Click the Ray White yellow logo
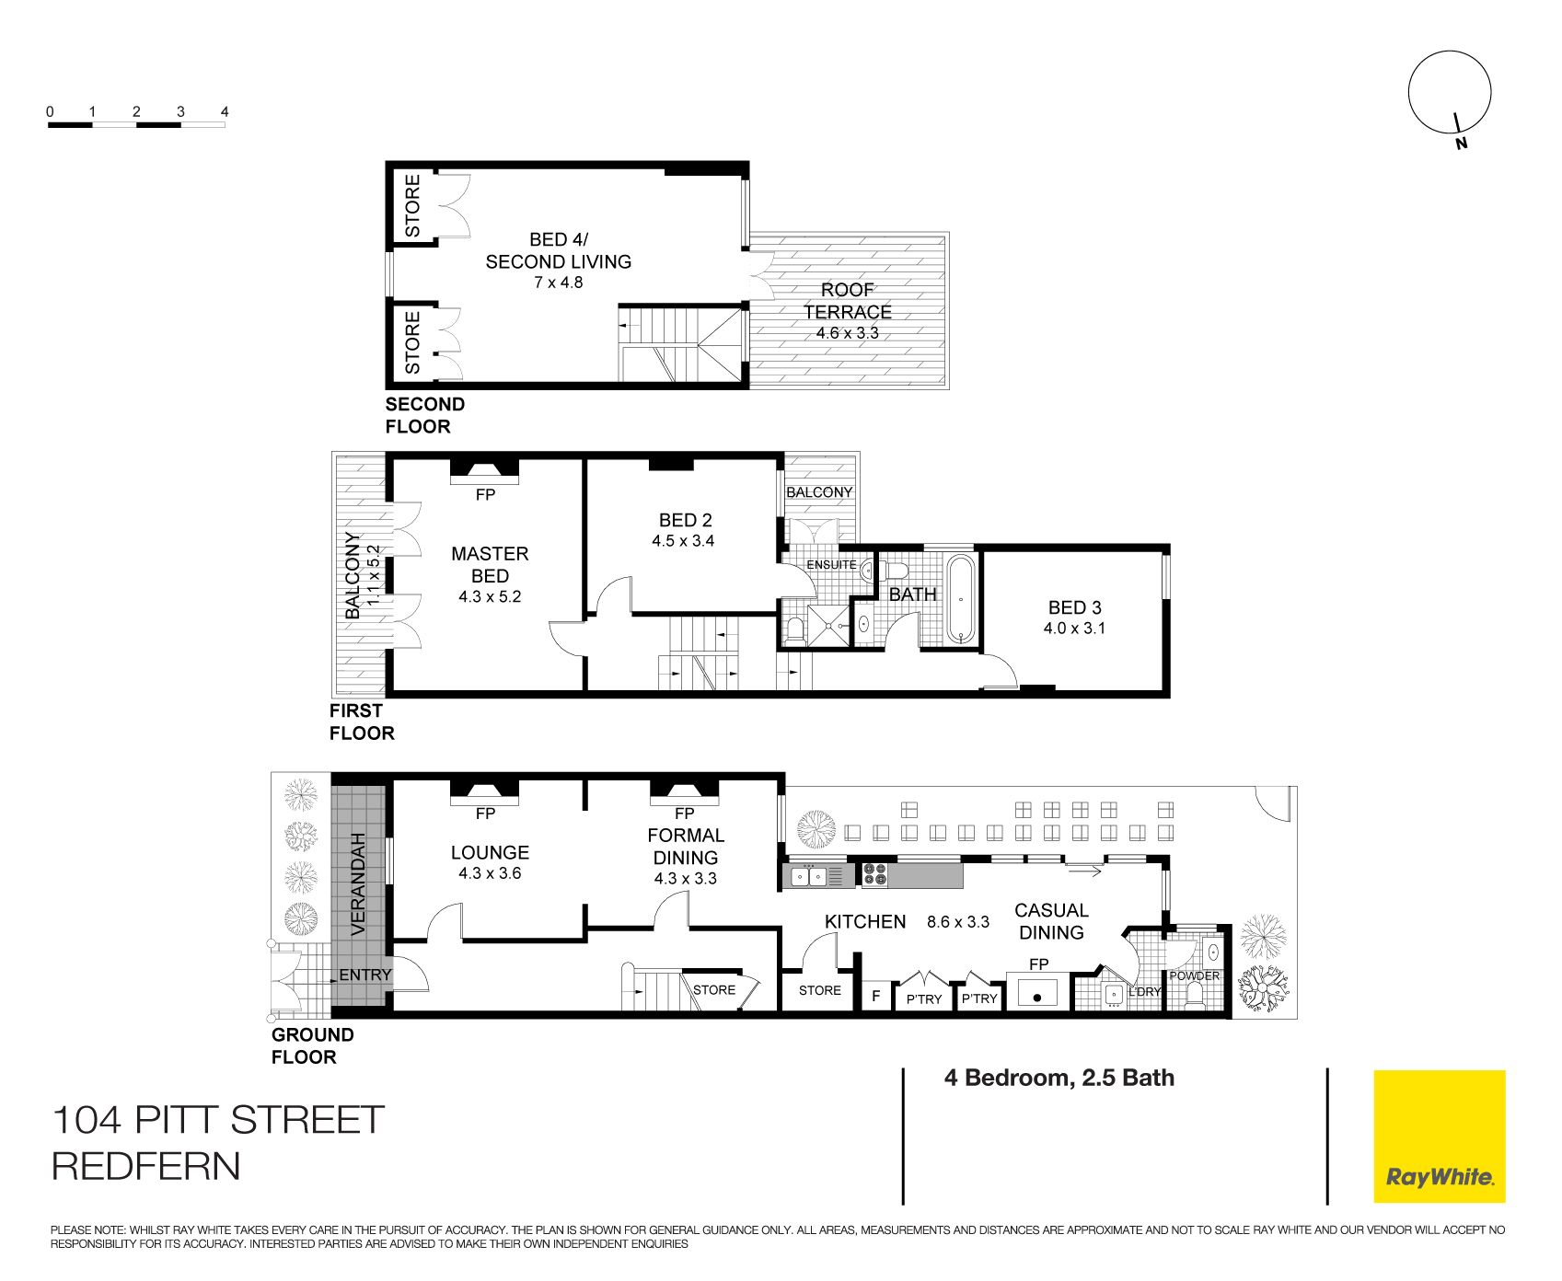[1439, 1136]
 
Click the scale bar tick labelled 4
[225, 111]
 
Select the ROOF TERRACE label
[848, 301]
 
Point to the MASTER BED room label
[490, 564]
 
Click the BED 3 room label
[1075, 607]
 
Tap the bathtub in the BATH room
[960, 599]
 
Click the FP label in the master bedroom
[485, 495]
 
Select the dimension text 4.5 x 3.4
[683, 541]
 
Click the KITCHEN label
[865, 921]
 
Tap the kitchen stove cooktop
[874, 874]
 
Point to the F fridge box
[876, 995]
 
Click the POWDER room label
[1195, 975]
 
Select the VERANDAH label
[358, 883]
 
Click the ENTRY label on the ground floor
[365, 975]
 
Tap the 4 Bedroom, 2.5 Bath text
[1059, 1078]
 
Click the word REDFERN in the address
[146, 1166]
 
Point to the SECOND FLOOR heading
[424, 415]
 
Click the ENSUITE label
[831, 565]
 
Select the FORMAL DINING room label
[686, 847]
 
